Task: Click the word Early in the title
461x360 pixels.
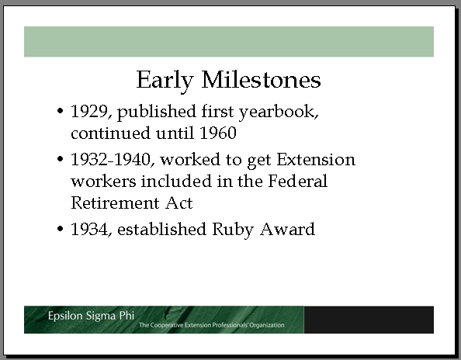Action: (x=165, y=81)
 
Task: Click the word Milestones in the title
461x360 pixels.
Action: (x=261, y=79)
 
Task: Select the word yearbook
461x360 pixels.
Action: (x=279, y=112)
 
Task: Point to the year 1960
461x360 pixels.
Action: (x=218, y=133)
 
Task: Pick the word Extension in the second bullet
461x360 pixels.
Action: (x=316, y=160)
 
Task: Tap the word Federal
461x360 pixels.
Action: (x=297, y=181)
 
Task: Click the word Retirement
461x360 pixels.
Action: (x=115, y=202)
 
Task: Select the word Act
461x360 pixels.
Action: (x=179, y=202)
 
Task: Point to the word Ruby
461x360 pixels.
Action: (x=232, y=230)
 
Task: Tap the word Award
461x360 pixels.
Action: (x=287, y=229)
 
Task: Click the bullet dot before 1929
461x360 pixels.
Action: (x=60, y=111)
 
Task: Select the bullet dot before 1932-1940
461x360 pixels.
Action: (x=60, y=159)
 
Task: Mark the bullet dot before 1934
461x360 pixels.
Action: (x=60, y=229)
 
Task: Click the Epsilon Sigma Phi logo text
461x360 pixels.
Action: (x=91, y=316)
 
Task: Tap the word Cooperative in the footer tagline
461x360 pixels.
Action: (x=167, y=325)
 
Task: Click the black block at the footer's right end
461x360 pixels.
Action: (x=369, y=320)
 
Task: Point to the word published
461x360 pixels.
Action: (x=157, y=112)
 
